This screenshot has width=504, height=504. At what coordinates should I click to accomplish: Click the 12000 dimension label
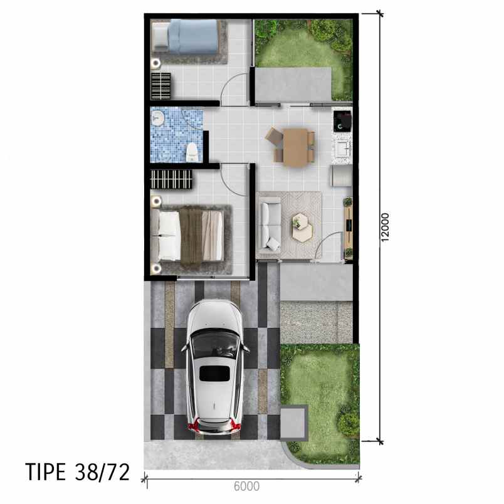coord(385,227)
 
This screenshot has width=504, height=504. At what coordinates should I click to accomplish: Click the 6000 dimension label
coord(246,486)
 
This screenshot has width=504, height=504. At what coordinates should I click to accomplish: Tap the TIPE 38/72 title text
coord(78,472)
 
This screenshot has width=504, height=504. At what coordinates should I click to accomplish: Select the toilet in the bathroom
coord(192,152)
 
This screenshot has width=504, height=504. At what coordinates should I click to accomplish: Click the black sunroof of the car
coord(215,374)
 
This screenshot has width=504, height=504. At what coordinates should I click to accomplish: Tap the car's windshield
coord(215,342)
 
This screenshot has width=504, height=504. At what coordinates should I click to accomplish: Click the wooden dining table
coord(295,147)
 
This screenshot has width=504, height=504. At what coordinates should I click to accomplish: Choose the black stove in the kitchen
coord(343,121)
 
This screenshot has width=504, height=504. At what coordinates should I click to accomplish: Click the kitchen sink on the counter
coord(343,149)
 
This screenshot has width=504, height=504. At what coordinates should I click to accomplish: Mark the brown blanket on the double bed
coord(191,236)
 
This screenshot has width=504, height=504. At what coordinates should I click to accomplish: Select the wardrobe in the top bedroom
coord(160,86)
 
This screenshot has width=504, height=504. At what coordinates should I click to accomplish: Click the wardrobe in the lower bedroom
coord(172,179)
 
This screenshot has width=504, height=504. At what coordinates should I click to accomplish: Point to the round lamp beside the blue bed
coord(156,63)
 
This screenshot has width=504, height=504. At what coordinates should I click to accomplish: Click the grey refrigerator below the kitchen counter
coord(342,176)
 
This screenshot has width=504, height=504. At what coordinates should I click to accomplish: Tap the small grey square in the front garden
coord(294,423)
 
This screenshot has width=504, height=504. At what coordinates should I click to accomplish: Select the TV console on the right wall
coord(348,228)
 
